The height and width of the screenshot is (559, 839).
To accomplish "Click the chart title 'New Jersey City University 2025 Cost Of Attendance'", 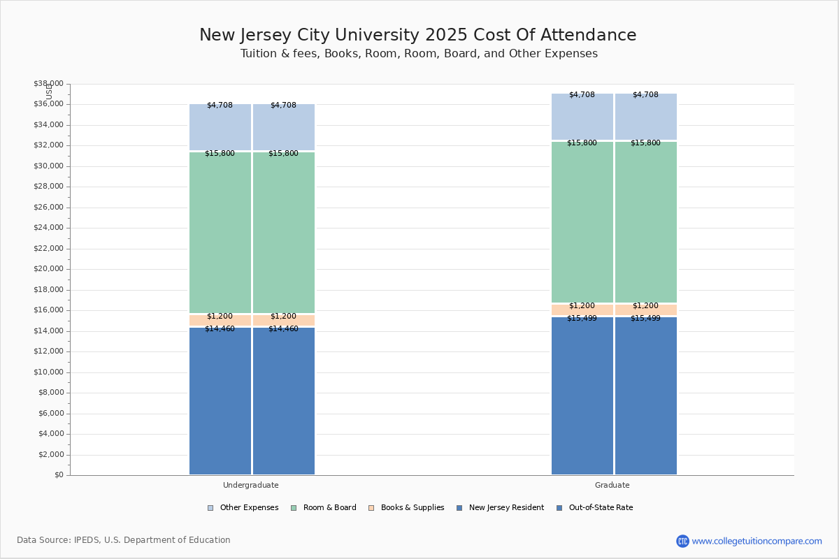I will click(417, 36).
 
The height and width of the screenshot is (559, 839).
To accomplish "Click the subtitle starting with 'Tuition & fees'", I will click(419, 54).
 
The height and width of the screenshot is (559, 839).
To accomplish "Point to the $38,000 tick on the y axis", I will click(48, 84).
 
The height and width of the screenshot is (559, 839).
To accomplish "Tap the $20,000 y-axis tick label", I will click(48, 269).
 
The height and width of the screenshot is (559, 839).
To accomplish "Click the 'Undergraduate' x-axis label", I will click(250, 485).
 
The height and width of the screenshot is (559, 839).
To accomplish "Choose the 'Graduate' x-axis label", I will click(612, 485).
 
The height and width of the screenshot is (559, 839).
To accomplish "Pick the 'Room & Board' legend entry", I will click(329, 508).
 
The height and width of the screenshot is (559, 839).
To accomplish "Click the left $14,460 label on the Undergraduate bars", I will click(220, 329).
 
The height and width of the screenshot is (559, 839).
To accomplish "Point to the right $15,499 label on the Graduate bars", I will click(645, 319).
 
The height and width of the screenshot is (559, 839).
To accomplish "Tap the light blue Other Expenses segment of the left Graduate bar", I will click(582, 117).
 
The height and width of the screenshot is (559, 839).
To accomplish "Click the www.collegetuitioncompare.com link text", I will click(756, 541).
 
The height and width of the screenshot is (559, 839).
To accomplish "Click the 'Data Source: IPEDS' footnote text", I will click(124, 540).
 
